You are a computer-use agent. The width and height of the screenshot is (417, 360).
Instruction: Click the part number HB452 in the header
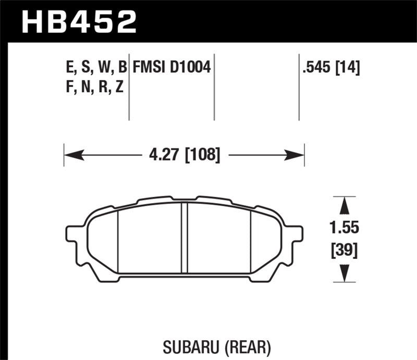tap(78, 21)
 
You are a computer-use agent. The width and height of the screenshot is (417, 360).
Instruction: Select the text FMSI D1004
tap(171, 67)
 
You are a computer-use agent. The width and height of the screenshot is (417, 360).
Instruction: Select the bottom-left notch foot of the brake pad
tap(109, 278)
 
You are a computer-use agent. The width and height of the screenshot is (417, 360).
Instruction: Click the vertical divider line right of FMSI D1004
tap(215, 86)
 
